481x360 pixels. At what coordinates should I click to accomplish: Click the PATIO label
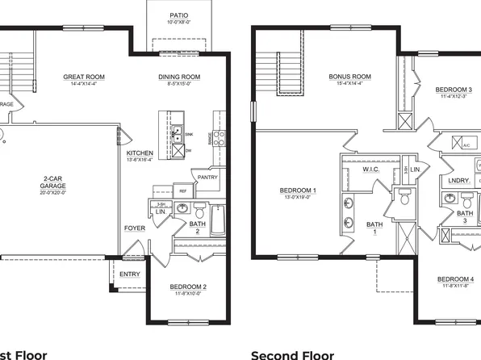tap(179, 15)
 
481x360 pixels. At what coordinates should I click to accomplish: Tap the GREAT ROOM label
tap(85, 77)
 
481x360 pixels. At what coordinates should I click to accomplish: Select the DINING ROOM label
tap(179, 77)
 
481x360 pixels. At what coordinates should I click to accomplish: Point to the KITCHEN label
tap(140, 153)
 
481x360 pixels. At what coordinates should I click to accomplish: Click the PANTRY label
tap(207, 177)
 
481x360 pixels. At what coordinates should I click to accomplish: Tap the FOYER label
tap(134, 228)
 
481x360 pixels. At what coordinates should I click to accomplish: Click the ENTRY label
tap(129, 274)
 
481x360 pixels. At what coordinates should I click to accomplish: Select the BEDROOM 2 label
tap(188, 287)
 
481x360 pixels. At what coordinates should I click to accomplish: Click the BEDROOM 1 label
tap(298, 190)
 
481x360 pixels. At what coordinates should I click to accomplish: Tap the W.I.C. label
tap(370, 170)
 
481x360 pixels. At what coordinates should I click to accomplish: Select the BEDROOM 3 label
tap(454, 89)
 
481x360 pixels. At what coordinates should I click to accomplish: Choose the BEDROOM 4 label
tap(455, 279)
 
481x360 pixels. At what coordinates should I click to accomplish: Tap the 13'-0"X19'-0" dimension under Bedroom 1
tap(298, 198)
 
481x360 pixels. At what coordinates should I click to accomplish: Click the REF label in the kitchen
tap(183, 190)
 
